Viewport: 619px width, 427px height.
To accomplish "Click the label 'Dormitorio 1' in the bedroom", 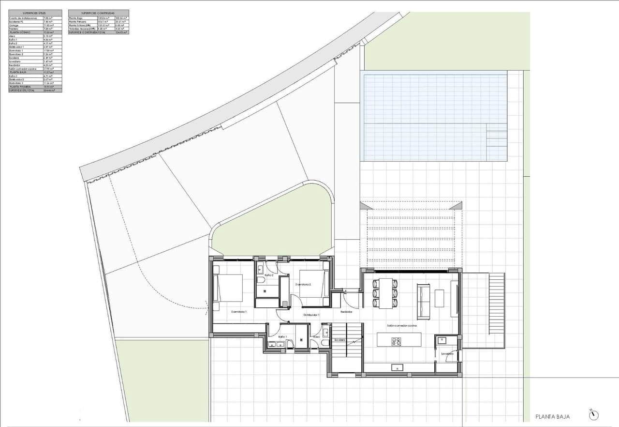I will point(239,312).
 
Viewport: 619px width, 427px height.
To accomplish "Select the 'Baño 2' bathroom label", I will point(269,275).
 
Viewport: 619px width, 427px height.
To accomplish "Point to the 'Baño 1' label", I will point(283,336).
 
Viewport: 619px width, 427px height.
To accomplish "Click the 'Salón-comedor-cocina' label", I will point(401,326).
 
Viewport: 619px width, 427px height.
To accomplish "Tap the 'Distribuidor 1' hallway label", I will point(311,315).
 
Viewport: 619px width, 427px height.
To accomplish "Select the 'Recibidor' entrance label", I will point(346,312).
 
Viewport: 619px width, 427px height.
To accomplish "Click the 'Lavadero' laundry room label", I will point(447,354).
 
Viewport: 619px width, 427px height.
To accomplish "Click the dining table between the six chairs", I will point(385,293).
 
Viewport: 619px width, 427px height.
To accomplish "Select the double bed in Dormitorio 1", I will point(230,288).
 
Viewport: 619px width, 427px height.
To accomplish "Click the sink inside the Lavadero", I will point(442,340).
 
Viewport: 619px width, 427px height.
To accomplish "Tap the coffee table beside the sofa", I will point(439,298).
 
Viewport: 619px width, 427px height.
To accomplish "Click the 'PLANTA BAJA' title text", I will point(553,416).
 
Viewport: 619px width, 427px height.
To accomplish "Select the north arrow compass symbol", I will point(593,415).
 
